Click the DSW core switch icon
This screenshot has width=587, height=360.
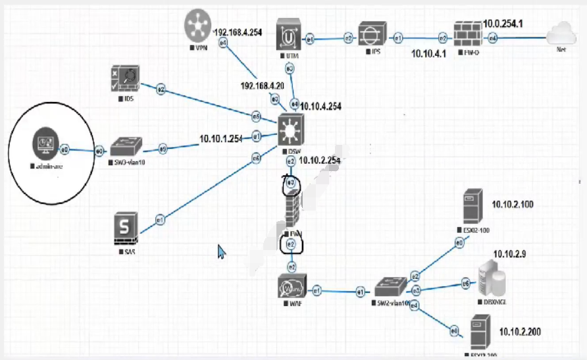coord(290,130)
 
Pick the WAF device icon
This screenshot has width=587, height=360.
coord(291,287)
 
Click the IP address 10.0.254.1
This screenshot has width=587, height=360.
coord(503,24)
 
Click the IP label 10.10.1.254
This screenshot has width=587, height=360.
coord(221,138)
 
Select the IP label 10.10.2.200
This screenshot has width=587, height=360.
coord(520,332)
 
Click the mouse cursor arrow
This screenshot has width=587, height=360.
coord(222,251)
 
